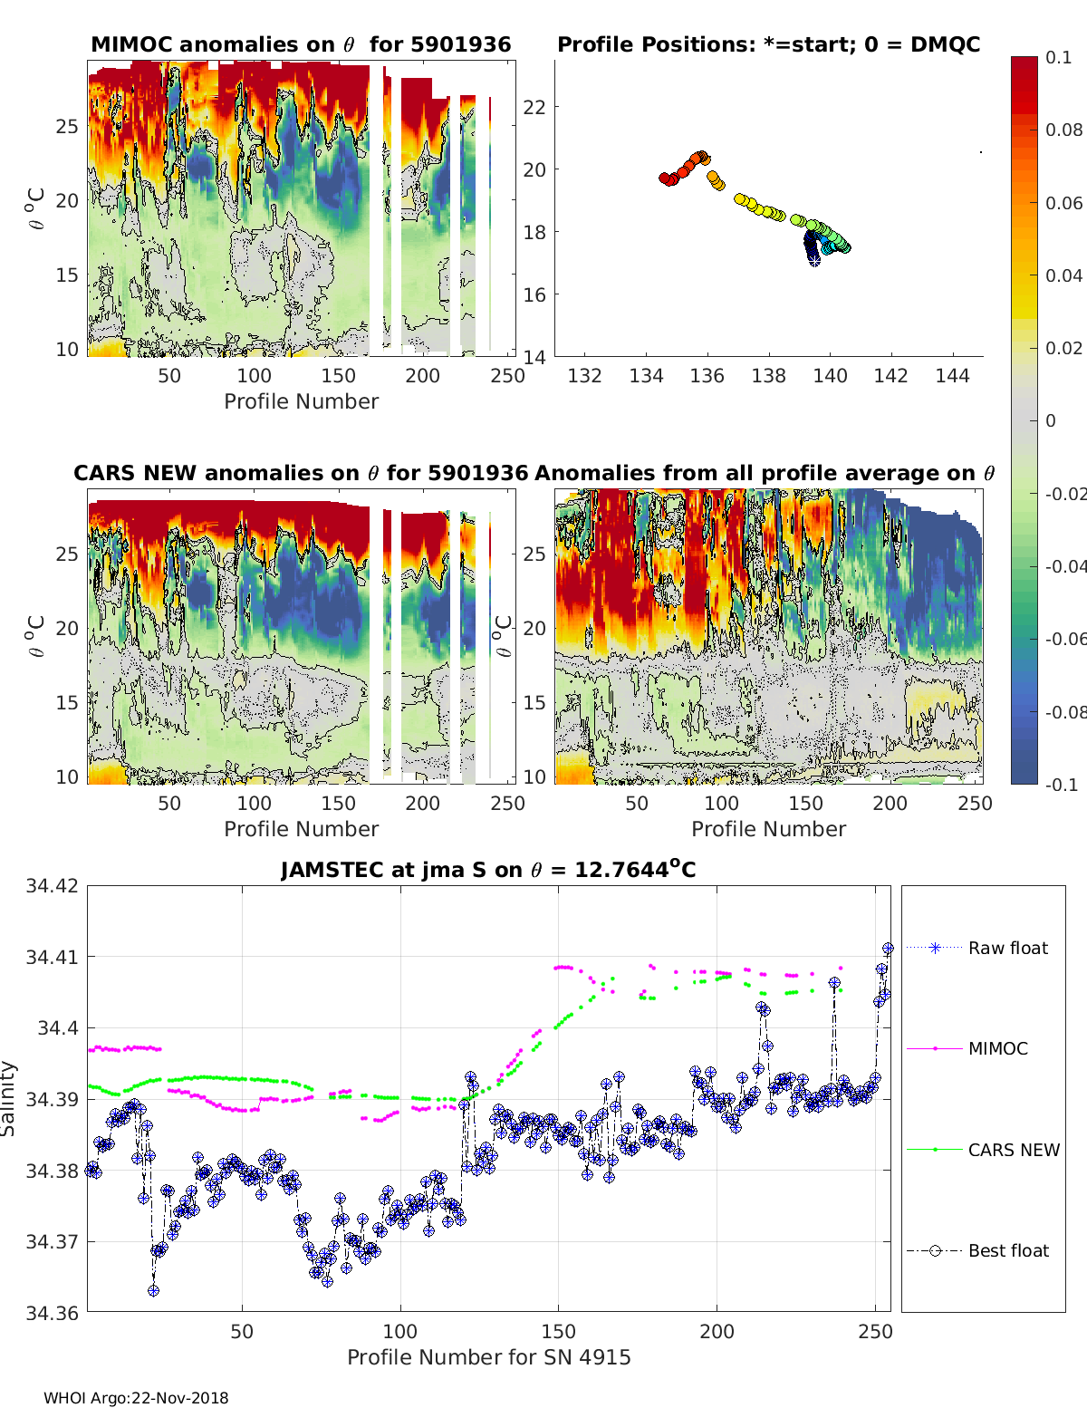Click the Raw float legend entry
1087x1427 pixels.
1007,948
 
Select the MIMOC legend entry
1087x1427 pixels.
997,1048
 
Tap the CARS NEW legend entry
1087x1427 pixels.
1013,1150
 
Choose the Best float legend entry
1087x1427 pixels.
1007,1250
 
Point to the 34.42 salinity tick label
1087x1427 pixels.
53,885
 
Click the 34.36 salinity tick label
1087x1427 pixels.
53,1312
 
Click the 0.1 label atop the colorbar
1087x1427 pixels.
1058,57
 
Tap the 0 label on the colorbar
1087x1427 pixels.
1051,420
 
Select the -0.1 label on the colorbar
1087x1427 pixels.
1061,785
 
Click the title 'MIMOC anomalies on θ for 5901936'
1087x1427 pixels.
301,44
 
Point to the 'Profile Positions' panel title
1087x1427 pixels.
768,44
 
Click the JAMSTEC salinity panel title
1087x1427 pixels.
488,870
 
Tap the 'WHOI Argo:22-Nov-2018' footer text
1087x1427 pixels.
136,1398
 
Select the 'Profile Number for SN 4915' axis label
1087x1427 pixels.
488,1357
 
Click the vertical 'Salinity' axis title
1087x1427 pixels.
9,1098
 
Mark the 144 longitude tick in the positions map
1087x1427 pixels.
952,375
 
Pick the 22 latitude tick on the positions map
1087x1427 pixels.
534,107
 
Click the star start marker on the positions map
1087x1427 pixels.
814,260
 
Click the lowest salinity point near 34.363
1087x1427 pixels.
154,1290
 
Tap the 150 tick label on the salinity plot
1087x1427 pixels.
558,1332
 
